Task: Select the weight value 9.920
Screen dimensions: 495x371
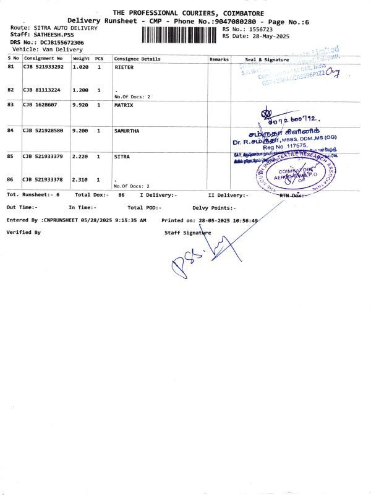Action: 81,105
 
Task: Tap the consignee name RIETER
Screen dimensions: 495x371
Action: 124,67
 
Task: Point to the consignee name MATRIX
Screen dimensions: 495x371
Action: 124,105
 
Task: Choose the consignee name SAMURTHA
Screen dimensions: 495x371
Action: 127,131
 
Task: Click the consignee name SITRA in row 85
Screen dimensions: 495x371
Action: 122,157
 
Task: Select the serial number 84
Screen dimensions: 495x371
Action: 11,131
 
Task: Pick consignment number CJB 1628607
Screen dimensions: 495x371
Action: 43,105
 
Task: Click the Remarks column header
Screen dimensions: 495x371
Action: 219,59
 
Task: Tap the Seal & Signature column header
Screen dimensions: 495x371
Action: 267,59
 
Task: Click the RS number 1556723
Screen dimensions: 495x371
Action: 260,29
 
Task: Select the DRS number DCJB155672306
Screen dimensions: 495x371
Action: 56,42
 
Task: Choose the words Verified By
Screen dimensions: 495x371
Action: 23,232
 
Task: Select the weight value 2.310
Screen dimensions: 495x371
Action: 81,179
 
